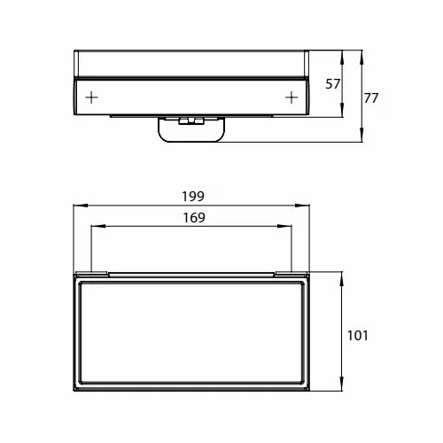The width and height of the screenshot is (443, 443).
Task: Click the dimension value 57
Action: pos(333,84)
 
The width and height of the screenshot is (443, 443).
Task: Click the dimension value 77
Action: pos(371,98)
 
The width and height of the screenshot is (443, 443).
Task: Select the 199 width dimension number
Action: pos(193,197)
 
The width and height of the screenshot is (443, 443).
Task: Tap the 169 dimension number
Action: pos(194,218)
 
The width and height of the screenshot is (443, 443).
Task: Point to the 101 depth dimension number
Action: pos(358,336)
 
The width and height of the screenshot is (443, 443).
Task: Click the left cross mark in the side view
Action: pos(91,97)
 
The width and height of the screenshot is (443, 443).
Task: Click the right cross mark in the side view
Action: pos(291,97)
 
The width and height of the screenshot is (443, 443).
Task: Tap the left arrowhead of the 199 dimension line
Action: pos(81,206)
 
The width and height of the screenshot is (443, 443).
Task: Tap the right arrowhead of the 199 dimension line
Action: pos(302,206)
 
